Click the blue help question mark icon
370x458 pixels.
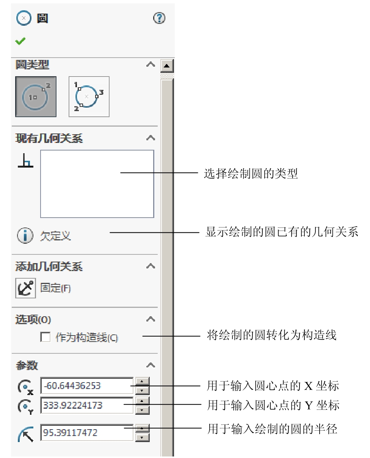click(159, 18)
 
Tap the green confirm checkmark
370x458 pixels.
click(20, 41)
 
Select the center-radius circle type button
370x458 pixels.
click(36, 97)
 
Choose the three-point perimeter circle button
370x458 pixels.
click(89, 97)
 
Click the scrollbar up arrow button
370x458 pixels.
click(167, 66)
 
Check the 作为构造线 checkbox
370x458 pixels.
click(45, 337)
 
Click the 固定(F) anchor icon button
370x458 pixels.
click(25, 288)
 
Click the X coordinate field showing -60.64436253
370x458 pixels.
click(87, 386)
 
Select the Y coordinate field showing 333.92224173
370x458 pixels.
click(87, 405)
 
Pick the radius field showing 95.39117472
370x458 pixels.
click(87, 433)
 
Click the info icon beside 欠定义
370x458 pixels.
click(25, 235)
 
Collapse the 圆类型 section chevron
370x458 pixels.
click(151, 64)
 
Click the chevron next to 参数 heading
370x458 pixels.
click(151, 365)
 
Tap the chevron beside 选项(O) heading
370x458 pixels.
click(151, 319)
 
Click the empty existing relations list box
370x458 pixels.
click(97, 184)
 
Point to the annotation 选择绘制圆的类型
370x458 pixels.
click(251, 173)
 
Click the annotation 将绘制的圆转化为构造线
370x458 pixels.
click(271, 335)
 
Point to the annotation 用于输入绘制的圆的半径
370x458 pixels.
click(272, 429)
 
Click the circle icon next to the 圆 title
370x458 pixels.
click(24, 18)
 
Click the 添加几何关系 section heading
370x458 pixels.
click(49, 267)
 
